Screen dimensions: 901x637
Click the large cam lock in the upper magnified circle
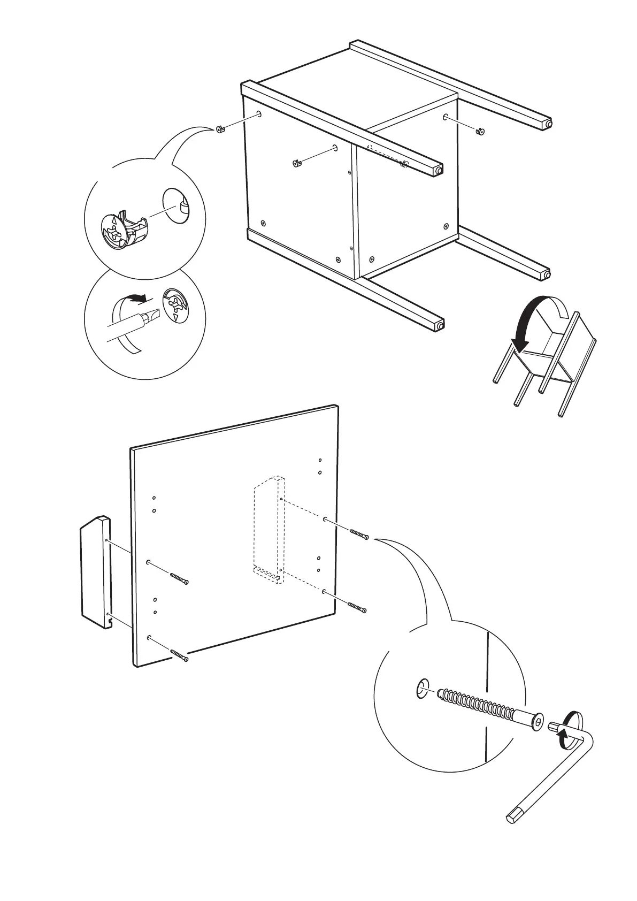click(x=125, y=229)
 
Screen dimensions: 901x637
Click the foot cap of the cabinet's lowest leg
click(x=440, y=325)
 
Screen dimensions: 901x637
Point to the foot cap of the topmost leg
click(x=547, y=124)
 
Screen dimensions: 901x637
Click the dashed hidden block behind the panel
click(x=269, y=530)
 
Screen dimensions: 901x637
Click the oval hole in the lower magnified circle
click(x=422, y=688)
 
